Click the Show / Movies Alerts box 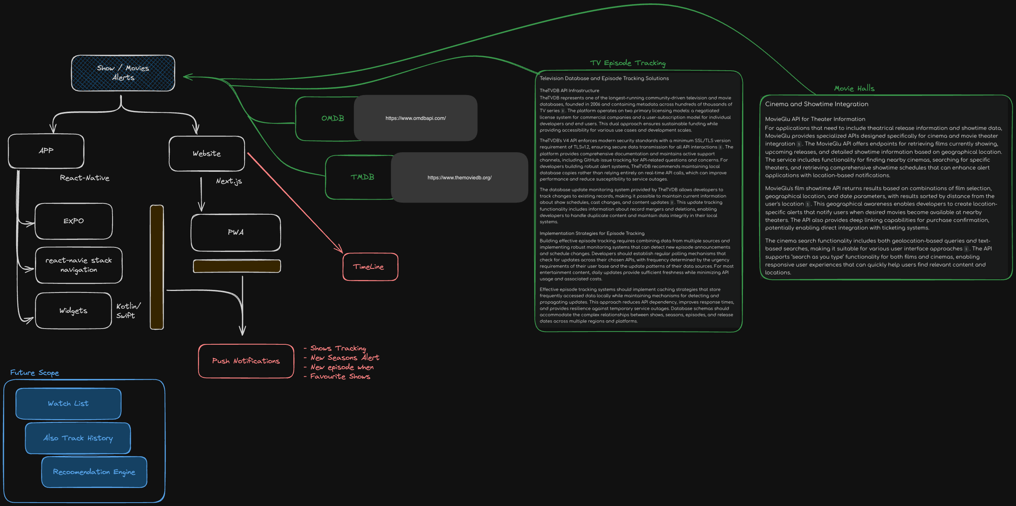123,73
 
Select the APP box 46,151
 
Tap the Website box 207,154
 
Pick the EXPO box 74,221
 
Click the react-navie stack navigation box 79,265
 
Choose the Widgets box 73,311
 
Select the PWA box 235,232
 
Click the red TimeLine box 370,267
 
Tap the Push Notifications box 246,361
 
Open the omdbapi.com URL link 415,118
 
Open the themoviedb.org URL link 459,178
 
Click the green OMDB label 333,118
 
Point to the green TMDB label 362,177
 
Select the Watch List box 68,403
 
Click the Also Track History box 78,438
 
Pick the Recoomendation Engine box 94,472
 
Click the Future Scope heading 35,373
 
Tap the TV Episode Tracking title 627,63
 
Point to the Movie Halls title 854,89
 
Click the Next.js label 229,181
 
